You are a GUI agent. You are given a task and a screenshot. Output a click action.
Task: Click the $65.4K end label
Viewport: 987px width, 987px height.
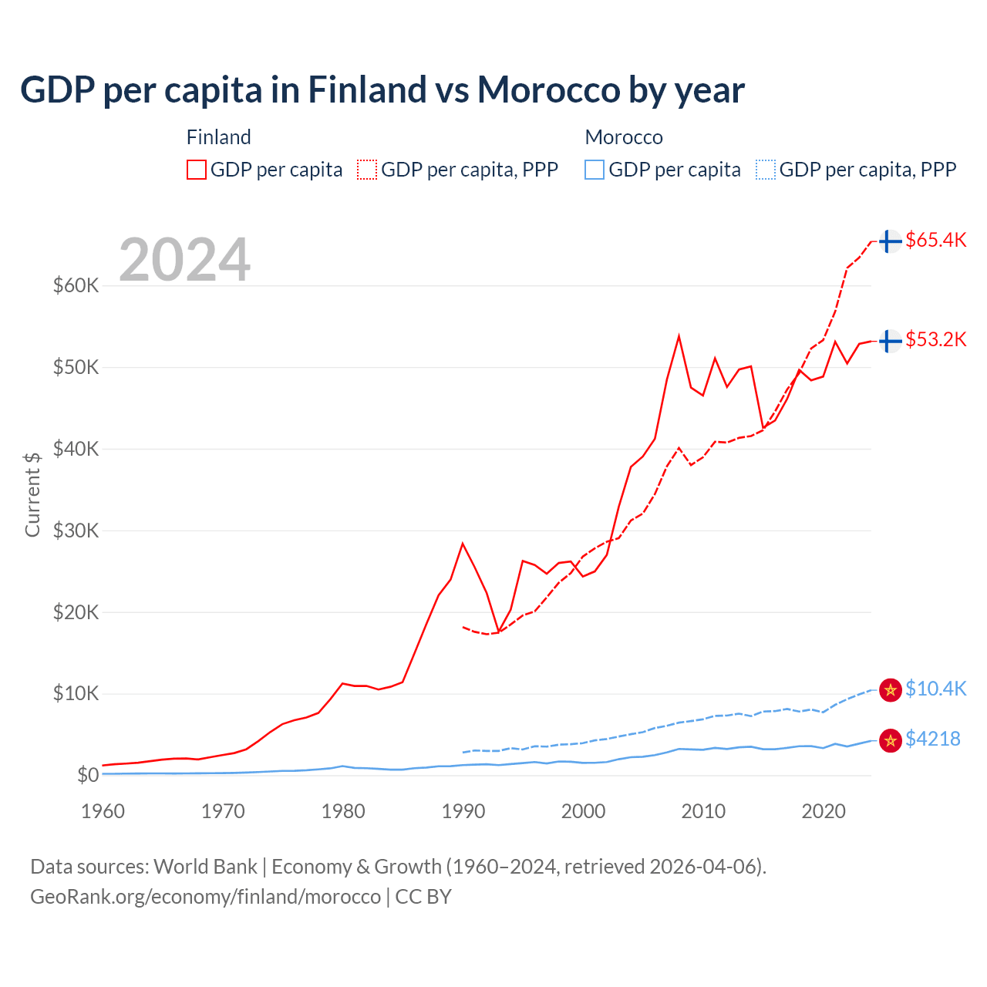935,240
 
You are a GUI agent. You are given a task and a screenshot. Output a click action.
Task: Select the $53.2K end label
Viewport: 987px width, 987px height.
935,339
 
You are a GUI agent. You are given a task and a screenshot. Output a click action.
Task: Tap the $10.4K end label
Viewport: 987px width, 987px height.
935,689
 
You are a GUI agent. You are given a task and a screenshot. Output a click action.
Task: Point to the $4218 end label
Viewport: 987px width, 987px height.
932,739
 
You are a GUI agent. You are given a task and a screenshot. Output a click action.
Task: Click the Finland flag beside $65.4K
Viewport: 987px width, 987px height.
891,241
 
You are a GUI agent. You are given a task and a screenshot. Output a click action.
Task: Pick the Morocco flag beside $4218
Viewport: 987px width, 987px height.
891,741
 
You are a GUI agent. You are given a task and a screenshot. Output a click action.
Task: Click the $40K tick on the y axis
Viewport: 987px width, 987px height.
76,449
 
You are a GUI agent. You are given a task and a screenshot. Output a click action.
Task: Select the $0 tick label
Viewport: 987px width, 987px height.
88,775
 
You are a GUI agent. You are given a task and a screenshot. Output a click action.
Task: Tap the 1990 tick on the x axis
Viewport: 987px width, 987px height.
463,811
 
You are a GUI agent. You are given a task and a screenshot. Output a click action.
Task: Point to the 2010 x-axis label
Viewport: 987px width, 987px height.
703,811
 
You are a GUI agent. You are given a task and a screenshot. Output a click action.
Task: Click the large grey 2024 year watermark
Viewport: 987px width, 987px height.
184,260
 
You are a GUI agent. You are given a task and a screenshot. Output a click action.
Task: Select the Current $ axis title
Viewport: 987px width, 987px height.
32,494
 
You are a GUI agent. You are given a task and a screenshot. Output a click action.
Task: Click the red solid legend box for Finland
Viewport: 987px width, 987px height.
197,170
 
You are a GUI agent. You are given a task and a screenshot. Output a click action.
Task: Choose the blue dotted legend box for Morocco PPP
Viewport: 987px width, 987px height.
766,170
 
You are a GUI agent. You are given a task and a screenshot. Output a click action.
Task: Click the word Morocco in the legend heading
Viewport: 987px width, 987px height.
624,137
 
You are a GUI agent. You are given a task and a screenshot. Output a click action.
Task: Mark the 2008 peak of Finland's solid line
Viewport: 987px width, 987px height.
679,336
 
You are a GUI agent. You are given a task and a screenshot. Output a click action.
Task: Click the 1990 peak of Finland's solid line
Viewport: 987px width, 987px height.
463,544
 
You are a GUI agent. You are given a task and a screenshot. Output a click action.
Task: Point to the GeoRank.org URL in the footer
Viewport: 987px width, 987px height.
205,897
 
